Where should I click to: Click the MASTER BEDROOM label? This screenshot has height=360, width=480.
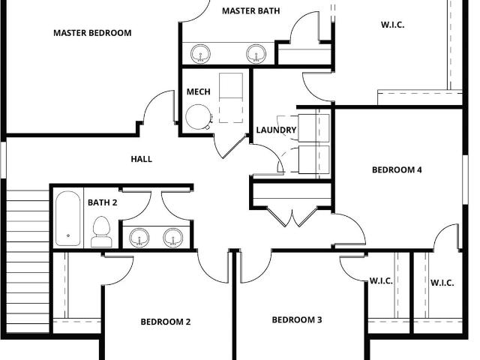click(92, 33)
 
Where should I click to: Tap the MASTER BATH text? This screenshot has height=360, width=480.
click(250, 10)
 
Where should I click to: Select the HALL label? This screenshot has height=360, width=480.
click(142, 159)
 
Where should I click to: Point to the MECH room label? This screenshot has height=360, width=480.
click(198, 91)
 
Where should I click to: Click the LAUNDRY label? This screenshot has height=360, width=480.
click(276, 130)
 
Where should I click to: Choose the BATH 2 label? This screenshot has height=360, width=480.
click(102, 202)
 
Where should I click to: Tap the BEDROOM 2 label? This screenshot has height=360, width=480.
click(165, 322)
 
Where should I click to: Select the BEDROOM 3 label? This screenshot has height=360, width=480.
click(297, 319)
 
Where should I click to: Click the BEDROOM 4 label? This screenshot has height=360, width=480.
click(397, 169)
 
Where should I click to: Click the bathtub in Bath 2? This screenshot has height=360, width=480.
click(68, 218)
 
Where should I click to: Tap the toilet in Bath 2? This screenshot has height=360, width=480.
click(101, 232)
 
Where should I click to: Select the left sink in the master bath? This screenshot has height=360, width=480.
click(200, 54)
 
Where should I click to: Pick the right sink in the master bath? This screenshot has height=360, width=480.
click(256, 54)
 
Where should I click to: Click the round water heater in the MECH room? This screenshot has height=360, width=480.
click(199, 117)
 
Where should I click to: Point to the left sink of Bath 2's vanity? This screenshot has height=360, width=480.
click(139, 238)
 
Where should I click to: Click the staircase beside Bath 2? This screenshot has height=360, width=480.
click(28, 262)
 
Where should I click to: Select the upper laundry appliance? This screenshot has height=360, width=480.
click(313, 128)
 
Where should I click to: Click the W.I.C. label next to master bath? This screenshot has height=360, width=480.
click(392, 25)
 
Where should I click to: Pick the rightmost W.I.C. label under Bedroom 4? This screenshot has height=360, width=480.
click(442, 283)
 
